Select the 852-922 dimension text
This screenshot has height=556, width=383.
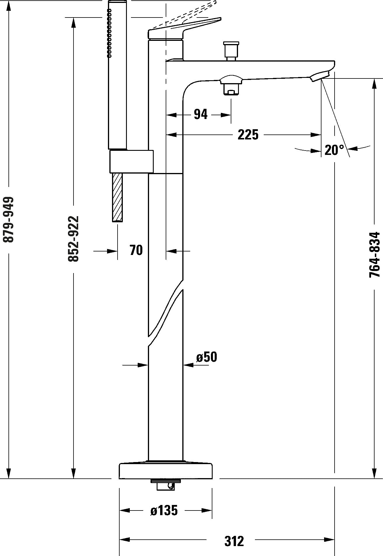click(73, 239)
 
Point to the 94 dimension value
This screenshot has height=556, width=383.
click(201, 114)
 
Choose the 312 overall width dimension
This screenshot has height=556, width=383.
click(234, 533)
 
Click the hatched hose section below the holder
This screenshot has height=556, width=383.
click(118, 197)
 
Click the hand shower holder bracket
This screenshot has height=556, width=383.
click(132, 162)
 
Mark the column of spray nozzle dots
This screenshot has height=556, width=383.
click(109, 32)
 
